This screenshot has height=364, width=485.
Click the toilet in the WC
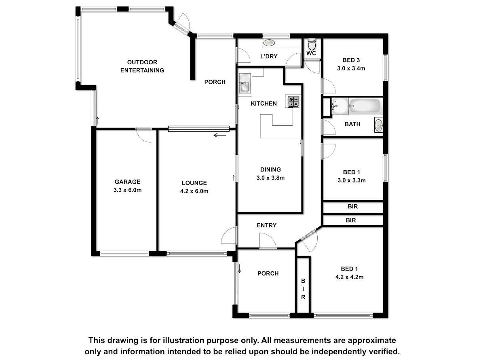tap(312, 44)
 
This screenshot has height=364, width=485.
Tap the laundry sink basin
tap(269, 42)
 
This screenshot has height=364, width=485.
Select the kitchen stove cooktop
tap(293, 102)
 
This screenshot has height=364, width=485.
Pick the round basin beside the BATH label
tap(378, 125)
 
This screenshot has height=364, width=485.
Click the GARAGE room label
tap(127, 182)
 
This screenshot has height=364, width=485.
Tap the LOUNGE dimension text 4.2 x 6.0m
tap(194, 191)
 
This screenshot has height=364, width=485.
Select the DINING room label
tap(270, 169)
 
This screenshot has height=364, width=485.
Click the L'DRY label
tap(269, 56)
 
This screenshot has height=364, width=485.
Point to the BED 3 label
tap(351, 60)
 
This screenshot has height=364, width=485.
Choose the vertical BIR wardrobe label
tap(303, 289)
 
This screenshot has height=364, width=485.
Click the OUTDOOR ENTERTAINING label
tap(142, 66)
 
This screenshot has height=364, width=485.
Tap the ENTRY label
tap(266, 225)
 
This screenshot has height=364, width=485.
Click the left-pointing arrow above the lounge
tap(220, 135)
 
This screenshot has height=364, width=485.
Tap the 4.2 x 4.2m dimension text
tap(349, 277)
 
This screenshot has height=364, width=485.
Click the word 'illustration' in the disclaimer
tap(183, 340)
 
